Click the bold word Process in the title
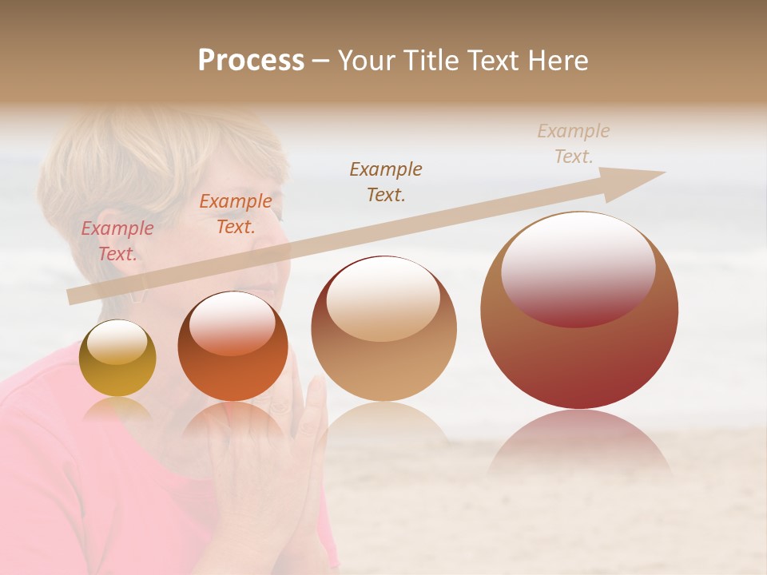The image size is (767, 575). point(251,61)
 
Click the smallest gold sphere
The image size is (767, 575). point(117,359)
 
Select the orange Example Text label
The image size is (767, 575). point(235,214)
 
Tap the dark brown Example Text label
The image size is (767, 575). point(386,181)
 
